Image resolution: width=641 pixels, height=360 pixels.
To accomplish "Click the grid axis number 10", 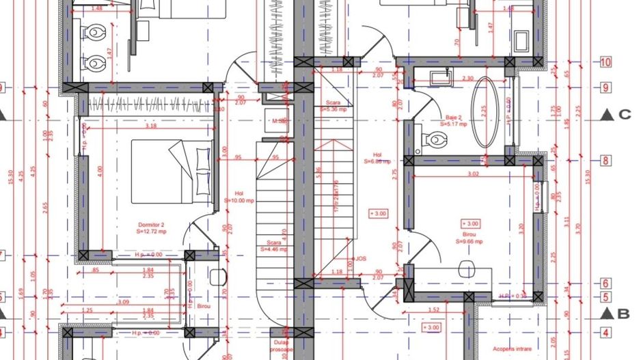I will [605, 62].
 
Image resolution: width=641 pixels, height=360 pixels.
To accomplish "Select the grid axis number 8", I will [605, 161].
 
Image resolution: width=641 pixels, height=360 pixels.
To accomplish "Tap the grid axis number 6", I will [605, 283].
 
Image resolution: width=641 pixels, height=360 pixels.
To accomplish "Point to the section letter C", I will [624, 115].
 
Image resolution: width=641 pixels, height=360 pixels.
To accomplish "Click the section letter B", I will [623, 314].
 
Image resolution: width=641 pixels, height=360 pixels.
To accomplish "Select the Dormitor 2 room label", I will [152, 227].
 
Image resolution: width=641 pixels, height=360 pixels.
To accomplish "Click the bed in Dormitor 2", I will [171, 171].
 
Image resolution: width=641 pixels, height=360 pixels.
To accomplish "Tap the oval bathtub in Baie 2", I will [487, 112].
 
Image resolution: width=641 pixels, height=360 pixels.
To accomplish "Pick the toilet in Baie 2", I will [434, 140].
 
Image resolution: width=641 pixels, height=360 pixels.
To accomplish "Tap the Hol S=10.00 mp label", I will [239, 197].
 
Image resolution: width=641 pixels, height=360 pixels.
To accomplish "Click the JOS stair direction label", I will [361, 260].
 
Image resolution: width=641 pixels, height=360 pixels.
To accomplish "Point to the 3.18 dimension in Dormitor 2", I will [150, 126].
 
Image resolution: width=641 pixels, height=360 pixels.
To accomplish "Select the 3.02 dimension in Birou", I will [472, 175].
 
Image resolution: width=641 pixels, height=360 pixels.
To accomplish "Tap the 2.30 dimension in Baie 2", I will [467, 79].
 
